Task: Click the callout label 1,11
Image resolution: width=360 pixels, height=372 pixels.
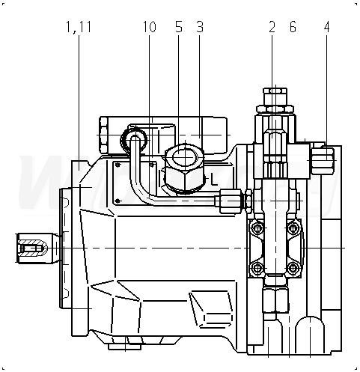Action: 79,27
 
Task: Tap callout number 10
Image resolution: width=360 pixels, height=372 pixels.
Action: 150,27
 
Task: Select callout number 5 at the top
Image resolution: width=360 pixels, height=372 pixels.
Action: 179,27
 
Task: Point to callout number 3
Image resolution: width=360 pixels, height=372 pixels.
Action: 200,27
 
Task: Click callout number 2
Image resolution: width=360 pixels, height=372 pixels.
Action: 272,27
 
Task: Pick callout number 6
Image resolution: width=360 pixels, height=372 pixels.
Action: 293,27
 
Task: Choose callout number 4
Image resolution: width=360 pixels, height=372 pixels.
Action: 327,27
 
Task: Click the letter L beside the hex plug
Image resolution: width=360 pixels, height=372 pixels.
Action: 214,180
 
